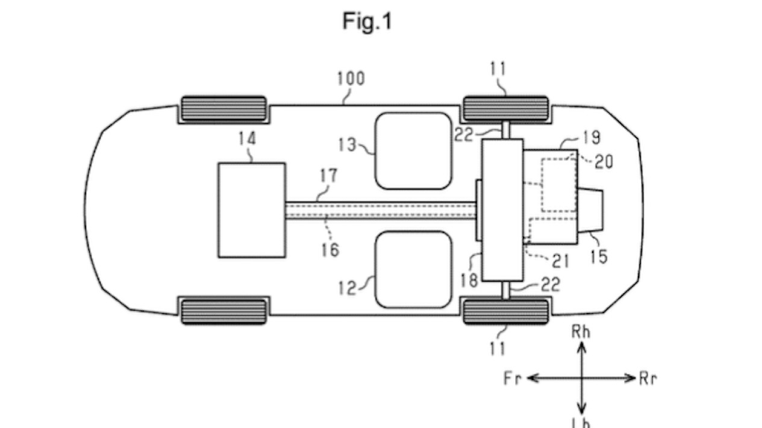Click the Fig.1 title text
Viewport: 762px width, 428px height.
[367, 21]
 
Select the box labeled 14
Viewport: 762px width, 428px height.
[252, 209]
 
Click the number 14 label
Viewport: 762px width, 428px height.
[246, 139]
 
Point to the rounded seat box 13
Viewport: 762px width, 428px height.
[413, 150]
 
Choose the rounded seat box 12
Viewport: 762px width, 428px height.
[413, 269]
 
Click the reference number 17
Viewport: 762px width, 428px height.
[329, 177]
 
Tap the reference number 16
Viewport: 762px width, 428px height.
[329, 249]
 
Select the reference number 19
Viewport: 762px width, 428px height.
[592, 138]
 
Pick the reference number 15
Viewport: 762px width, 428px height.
[599, 256]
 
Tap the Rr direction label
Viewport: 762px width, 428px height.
[648, 379]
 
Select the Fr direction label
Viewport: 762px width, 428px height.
[513, 379]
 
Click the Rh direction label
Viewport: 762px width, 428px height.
[581, 332]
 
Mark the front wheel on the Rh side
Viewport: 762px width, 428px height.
[223, 109]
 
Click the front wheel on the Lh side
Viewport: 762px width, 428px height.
[223, 310]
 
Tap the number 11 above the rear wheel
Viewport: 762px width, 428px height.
[498, 69]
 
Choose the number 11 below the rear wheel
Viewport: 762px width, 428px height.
[498, 347]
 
